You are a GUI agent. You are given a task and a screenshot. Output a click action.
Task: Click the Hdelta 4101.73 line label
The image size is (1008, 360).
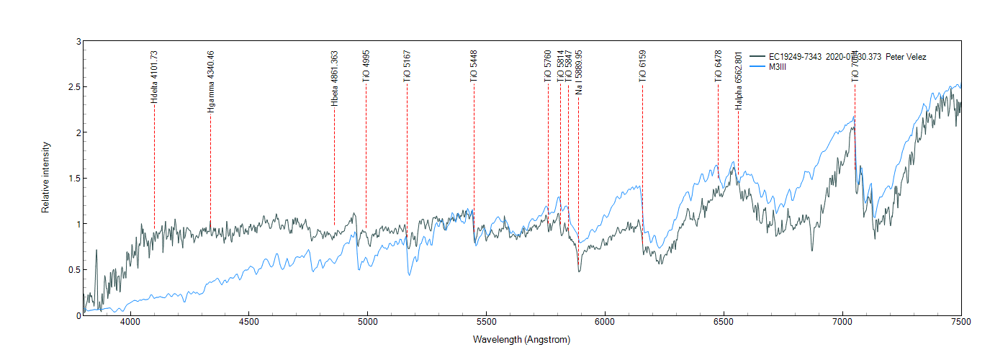pos(154,76)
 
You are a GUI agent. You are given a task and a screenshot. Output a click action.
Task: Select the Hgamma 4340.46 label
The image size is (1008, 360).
pos(210,81)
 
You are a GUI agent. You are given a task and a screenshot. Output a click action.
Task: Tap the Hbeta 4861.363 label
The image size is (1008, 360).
pos(334,78)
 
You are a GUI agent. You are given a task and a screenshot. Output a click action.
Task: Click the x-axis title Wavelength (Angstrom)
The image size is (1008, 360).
pos(522,339)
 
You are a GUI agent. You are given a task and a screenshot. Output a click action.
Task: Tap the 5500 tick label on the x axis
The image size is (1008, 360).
pos(486,324)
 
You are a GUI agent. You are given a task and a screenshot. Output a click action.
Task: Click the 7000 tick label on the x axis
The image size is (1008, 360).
pos(842,324)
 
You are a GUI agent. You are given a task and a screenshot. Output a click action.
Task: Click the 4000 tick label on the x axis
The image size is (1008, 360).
pos(130,324)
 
